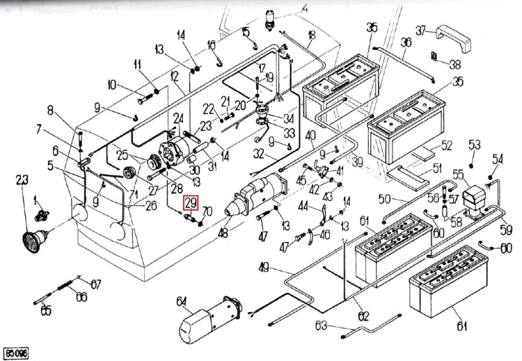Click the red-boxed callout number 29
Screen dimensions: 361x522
pos(191,204)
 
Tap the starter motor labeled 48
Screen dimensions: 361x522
pos(258,193)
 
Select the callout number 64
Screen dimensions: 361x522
pos(182,302)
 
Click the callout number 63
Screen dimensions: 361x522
pos(321,326)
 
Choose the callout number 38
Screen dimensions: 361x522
pos(455,64)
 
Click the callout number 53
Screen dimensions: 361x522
pos(475,145)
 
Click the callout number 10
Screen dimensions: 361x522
pos(113,86)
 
